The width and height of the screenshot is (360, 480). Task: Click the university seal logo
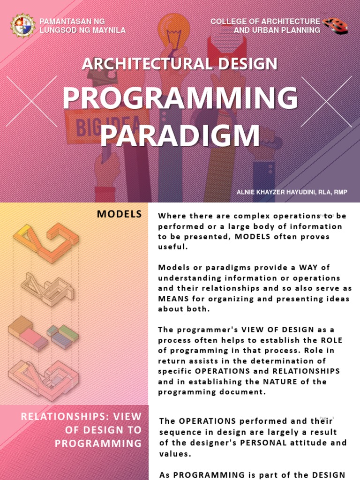click(22, 25)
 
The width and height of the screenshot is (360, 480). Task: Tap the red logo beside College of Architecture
click(335, 25)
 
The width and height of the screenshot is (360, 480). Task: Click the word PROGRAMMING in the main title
click(180, 98)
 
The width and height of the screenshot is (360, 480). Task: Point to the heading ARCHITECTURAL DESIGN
click(180, 64)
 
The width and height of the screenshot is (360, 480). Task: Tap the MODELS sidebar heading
click(119, 214)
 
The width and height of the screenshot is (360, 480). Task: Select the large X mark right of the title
click(326, 102)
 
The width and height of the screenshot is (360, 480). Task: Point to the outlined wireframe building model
click(47, 289)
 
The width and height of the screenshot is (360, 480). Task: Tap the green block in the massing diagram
click(69, 332)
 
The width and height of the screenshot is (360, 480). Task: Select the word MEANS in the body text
click(173, 299)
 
